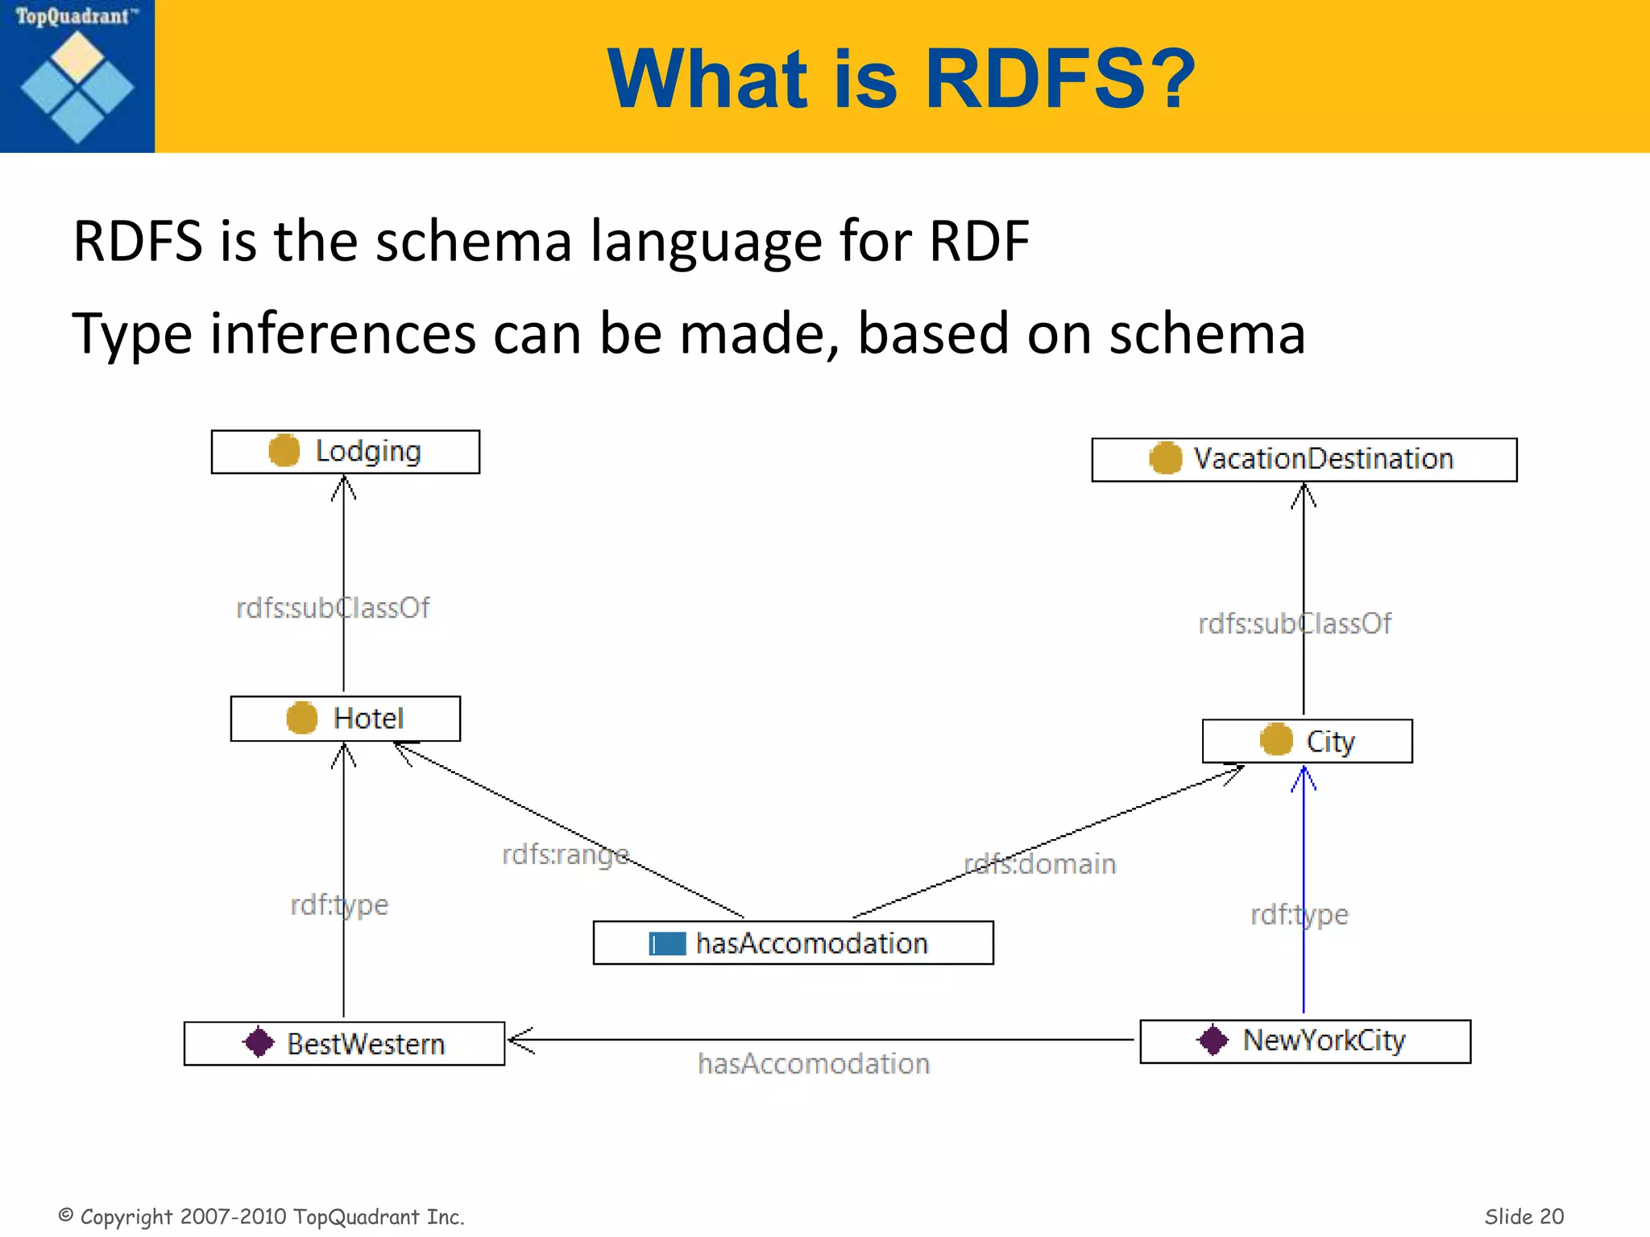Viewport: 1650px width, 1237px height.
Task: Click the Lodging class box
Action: click(345, 452)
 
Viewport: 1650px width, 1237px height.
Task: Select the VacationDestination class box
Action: click(1304, 460)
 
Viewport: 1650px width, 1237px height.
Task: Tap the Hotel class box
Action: click(345, 718)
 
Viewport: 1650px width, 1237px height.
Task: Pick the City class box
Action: click(1307, 741)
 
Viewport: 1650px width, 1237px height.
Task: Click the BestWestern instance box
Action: click(344, 1044)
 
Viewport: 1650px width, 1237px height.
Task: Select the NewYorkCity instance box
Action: click(1305, 1041)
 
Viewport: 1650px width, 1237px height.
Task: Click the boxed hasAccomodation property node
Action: click(793, 943)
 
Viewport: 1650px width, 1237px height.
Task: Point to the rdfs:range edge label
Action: click(565, 854)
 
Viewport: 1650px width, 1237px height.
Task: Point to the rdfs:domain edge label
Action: click(1040, 864)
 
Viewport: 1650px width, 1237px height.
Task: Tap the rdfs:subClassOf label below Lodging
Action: click(333, 608)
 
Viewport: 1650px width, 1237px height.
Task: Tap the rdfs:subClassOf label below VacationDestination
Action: click(1295, 624)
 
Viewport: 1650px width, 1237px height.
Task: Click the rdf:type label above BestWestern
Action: click(339, 905)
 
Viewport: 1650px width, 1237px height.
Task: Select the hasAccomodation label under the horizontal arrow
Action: click(814, 1065)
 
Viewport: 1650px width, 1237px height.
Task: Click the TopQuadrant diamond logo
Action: click(77, 87)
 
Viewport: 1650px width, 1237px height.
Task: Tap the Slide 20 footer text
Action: click(1524, 1216)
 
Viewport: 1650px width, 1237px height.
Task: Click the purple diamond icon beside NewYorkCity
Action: click(1213, 1040)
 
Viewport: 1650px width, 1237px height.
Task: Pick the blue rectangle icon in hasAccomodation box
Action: click(667, 944)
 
